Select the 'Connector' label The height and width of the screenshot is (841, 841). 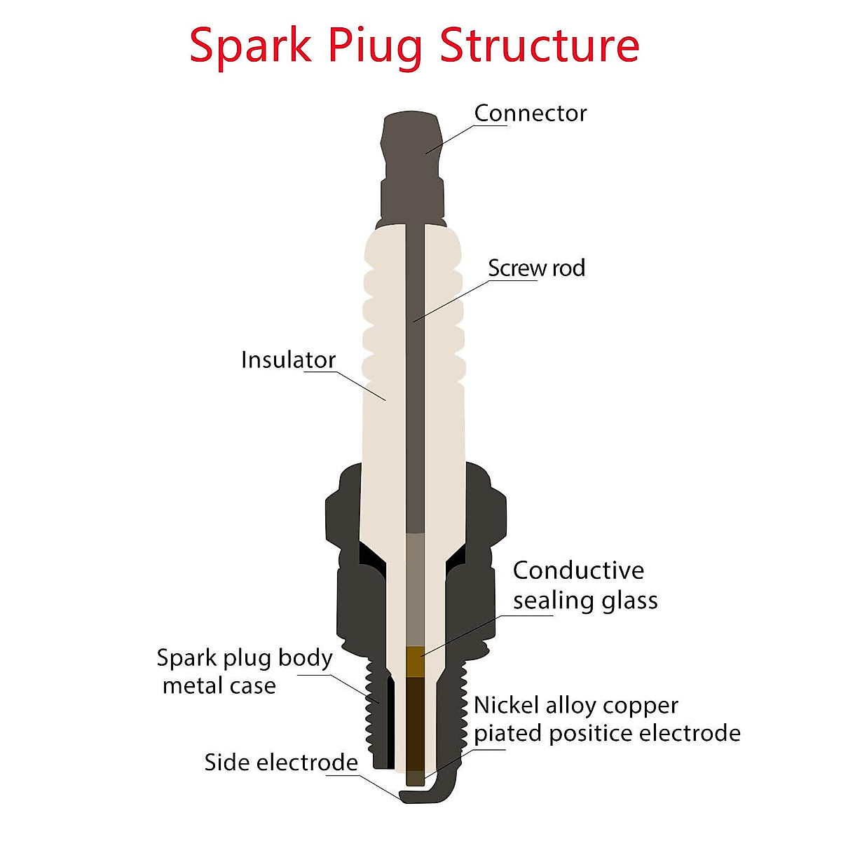[x=531, y=114]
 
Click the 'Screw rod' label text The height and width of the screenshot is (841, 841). [x=536, y=268]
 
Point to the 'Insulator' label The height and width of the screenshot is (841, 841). [x=289, y=360]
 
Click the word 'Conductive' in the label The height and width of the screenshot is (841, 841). [x=578, y=570]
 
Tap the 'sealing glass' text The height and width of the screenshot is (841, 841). [x=585, y=601]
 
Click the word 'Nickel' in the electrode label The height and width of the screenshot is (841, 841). [x=506, y=705]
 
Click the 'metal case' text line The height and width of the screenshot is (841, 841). [x=219, y=687]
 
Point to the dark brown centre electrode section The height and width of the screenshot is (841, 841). [x=415, y=724]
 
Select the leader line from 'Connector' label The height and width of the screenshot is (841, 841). [x=466, y=139]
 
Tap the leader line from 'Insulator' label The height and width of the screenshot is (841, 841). [x=345, y=385]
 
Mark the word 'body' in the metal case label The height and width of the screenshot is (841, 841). [x=306, y=659]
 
